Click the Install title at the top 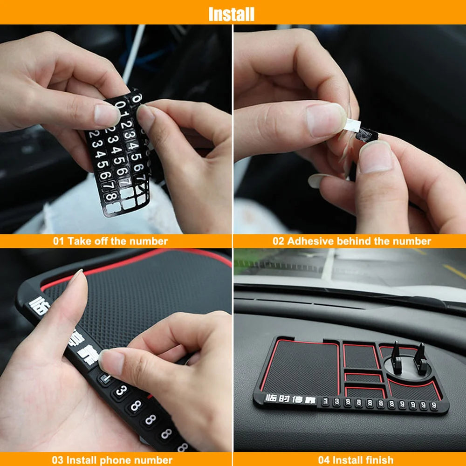(x=232, y=14)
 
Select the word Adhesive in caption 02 (x=309, y=241)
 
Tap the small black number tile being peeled (x=366, y=136)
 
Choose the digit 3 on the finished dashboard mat (x=336, y=401)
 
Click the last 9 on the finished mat (x=434, y=406)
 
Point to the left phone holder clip (x=396, y=357)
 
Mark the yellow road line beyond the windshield (x=454, y=271)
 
